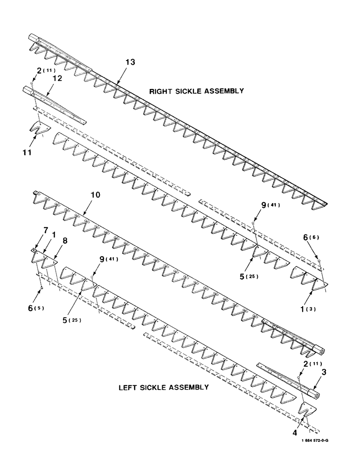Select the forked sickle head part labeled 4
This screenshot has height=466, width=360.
309,410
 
